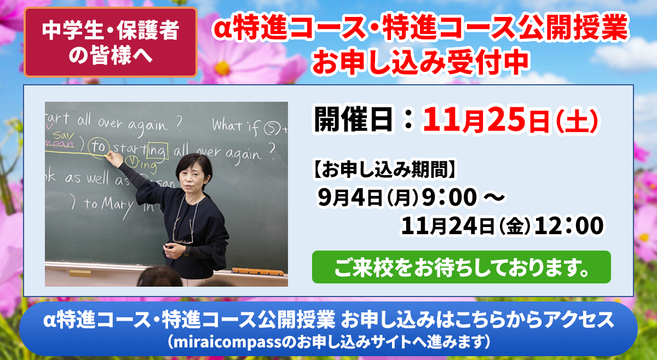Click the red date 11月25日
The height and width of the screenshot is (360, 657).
click(x=486, y=120)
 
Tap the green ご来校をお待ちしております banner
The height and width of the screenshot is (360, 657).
click(x=462, y=267)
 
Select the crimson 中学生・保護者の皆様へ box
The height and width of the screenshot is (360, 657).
click(x=110, y=42)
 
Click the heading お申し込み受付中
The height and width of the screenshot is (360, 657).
click(x=420, y=63)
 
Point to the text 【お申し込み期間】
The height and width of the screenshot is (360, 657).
click(x=384, y=169)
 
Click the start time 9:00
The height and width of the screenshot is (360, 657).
click(x=449, y=198)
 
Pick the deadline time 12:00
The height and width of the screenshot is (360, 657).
click(x=569, y=226)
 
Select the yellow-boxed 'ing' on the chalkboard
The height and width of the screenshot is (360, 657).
click(x=158, y=150)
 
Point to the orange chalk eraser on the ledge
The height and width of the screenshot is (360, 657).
click(x=257, y=271)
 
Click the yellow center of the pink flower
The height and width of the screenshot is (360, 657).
click(x=222, y=68)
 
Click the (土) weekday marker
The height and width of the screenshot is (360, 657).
click(x=577, y=121)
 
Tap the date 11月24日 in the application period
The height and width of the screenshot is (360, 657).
click(x=448, y=226)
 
